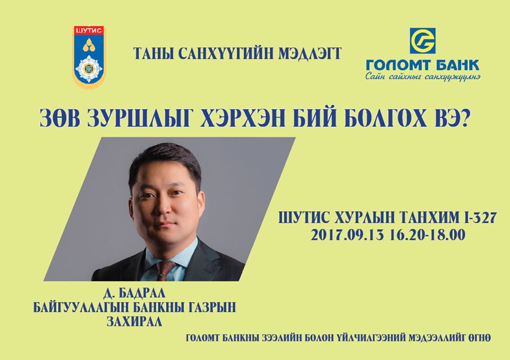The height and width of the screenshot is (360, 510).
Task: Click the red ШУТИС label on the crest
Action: tap(89, 31)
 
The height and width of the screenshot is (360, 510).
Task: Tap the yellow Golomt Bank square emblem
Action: tap(422, 41)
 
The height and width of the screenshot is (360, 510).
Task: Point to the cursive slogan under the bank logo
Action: tap(423, 77)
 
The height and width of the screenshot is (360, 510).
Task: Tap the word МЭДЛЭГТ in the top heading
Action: tap(310, 54)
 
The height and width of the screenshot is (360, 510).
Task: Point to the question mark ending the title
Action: tap(464, 117)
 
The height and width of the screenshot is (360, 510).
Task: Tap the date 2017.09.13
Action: tap(347, 235)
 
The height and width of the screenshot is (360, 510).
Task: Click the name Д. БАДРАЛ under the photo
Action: tap(134, 293)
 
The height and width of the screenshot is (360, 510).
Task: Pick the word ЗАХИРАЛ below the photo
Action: tap(134, 321)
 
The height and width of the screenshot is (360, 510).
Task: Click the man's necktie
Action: tap(165, 271)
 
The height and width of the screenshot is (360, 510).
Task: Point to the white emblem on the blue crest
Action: tap(89, 68)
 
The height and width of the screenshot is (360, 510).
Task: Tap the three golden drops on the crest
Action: tap(89, 45)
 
